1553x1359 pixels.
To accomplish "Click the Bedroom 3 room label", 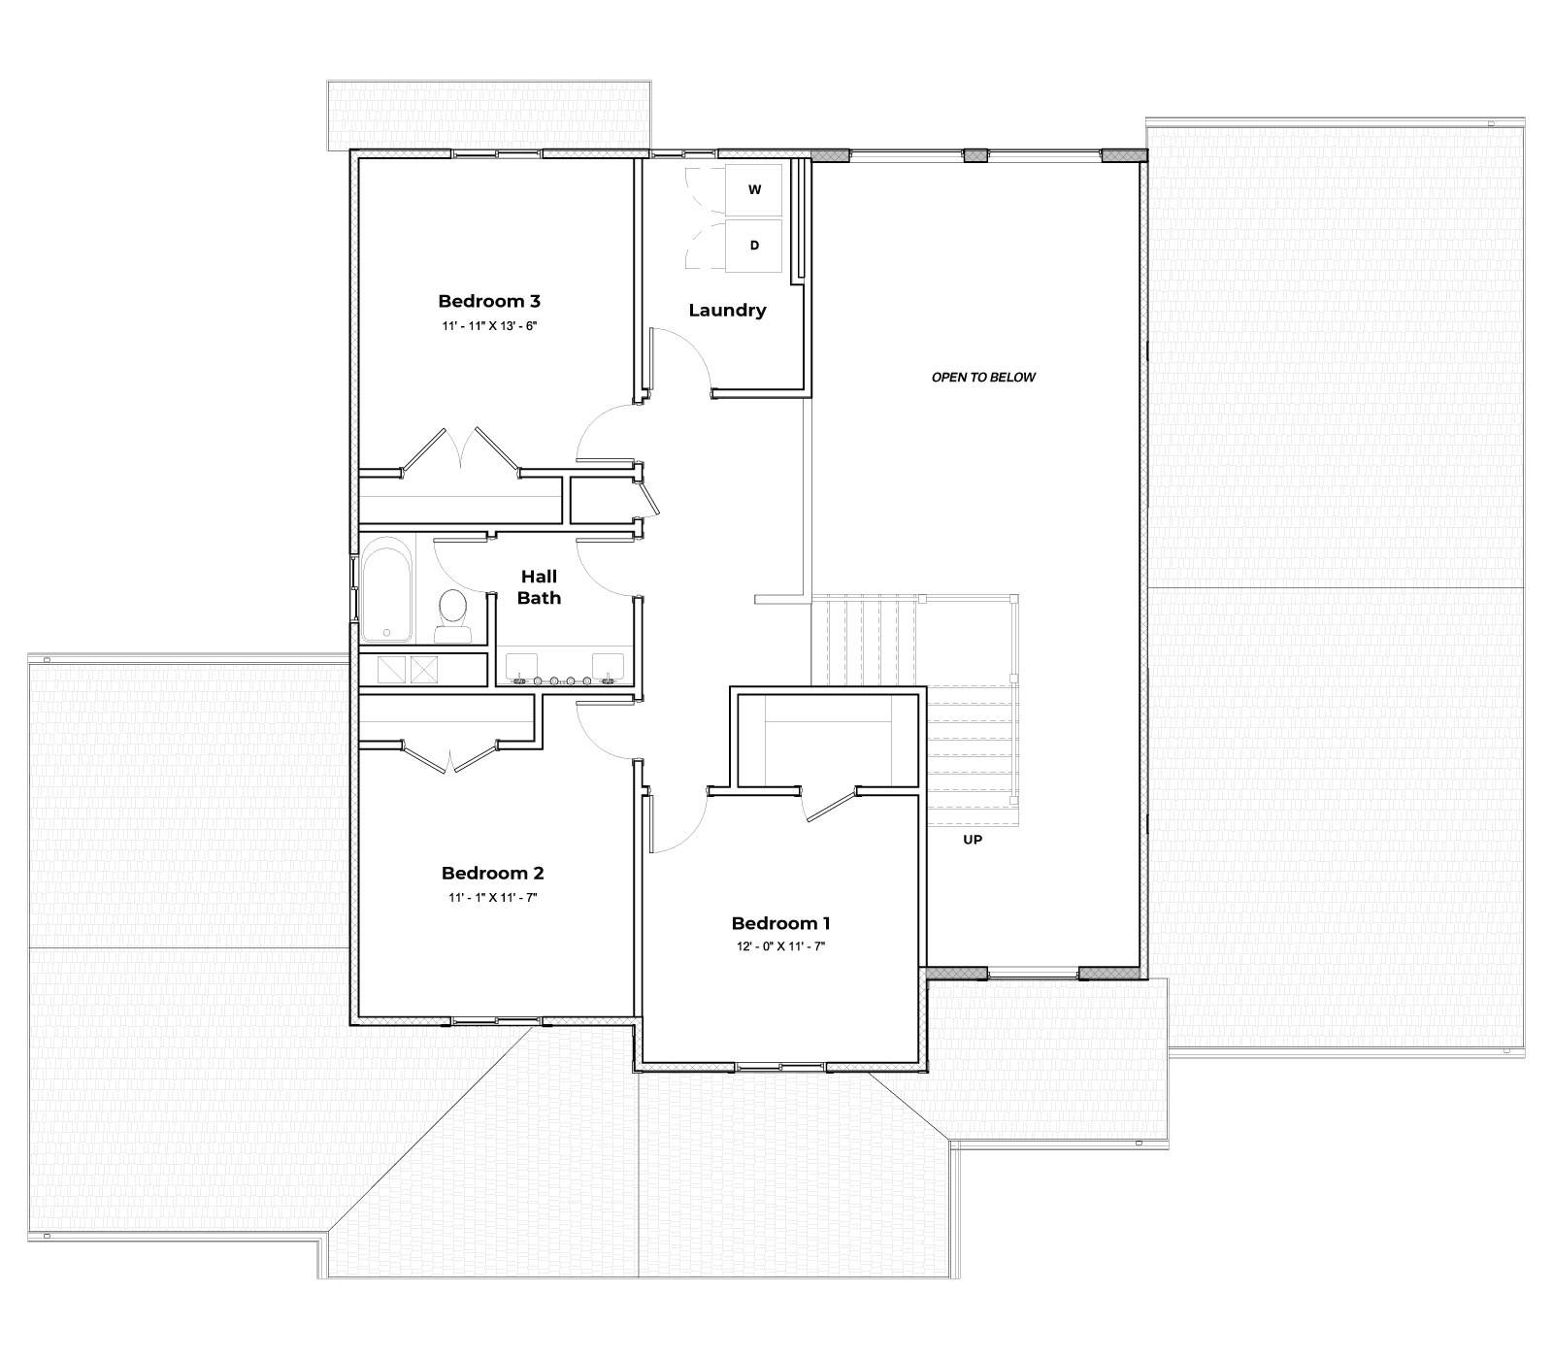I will tap(488, 301).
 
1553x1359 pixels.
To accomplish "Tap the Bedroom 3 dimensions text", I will tap(488, 326).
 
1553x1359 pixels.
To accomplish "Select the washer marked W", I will tap(754, 190).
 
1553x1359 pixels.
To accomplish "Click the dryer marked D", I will tap(754, 246).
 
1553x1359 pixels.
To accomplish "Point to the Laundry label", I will tap(727, 311).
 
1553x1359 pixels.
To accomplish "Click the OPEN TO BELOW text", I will tap(983, 377).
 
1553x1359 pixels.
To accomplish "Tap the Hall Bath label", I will tap(538, 587).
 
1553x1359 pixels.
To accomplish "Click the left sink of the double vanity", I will tap(521, 668).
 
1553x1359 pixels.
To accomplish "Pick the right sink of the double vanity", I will tap(609, 668).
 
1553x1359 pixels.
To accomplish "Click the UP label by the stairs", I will tap(972, 840).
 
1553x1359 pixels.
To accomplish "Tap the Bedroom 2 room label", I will tap(492, 873).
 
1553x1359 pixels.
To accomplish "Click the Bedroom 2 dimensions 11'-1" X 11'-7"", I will tap(492, 898).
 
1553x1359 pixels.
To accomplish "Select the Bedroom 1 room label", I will tap(780, 923).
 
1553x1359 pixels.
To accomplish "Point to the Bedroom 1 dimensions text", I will tap(780, 946).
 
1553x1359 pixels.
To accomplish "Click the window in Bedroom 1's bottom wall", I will tap(780, 1067).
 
